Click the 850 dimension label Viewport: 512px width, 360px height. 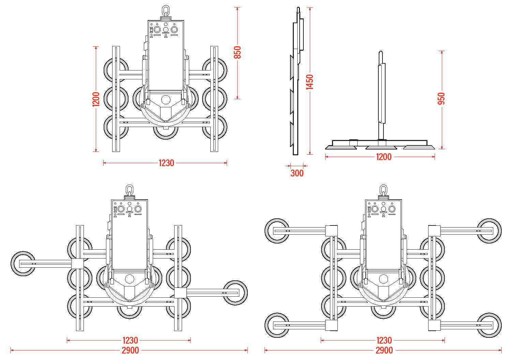point(238,52)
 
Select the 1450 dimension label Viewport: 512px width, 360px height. point(310,82)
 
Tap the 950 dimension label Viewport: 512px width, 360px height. point(441,99)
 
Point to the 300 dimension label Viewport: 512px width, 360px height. point(297,173)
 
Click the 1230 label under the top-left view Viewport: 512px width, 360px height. point(166,163)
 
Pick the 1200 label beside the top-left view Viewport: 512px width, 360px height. point(96,99)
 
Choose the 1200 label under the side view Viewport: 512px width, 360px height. point(384,157)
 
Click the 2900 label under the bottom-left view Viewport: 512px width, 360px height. point(130,350)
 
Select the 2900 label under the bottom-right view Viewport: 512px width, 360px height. point(384,350)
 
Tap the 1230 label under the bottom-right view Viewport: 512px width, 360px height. point(384,340)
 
